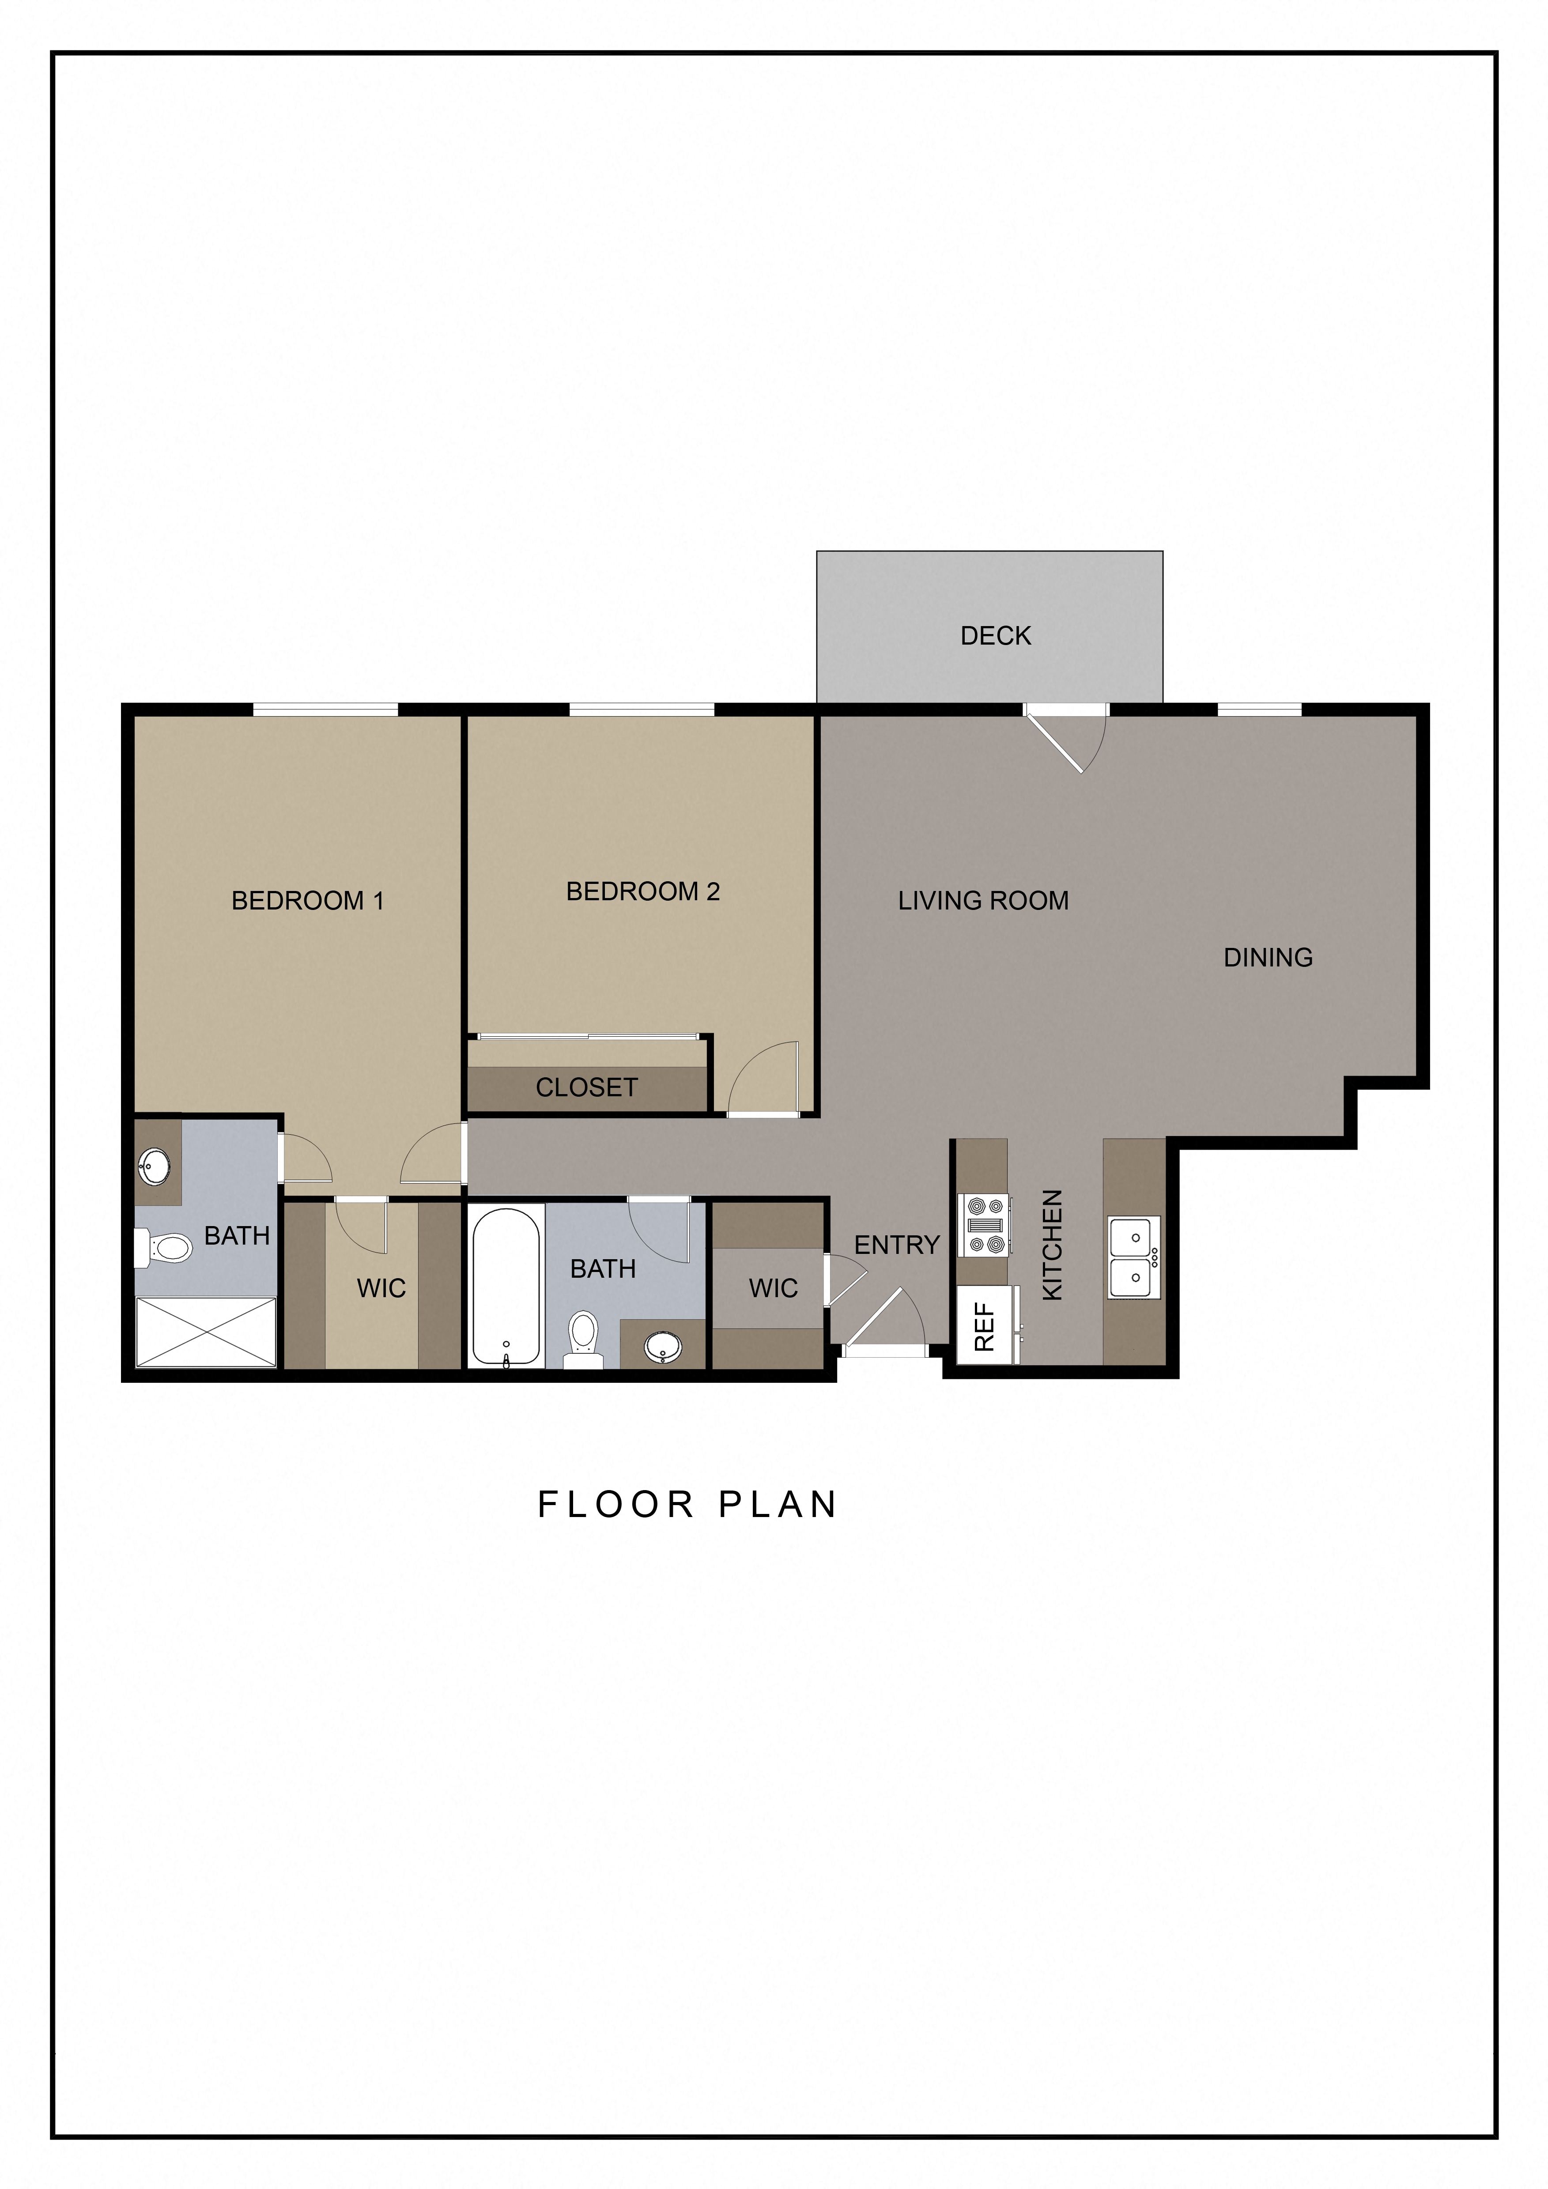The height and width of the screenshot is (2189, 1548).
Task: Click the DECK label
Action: point(995,636)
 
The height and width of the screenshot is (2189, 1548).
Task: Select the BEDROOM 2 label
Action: point(642,891)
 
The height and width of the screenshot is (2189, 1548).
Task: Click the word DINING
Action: point(1268,957)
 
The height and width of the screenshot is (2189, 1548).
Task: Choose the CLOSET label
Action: point(586,1087)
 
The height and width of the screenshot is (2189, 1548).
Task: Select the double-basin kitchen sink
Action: point(1134,1257)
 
